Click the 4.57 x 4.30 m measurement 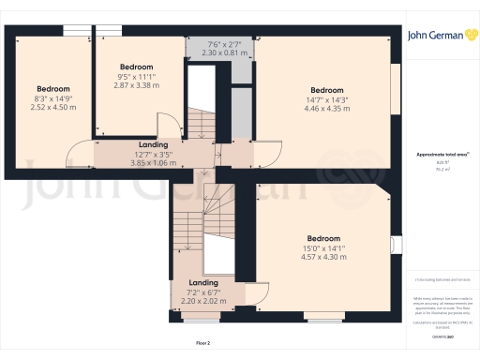(323, 257)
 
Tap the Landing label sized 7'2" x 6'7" (203, 282)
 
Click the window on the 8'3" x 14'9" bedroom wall (76, 30)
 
